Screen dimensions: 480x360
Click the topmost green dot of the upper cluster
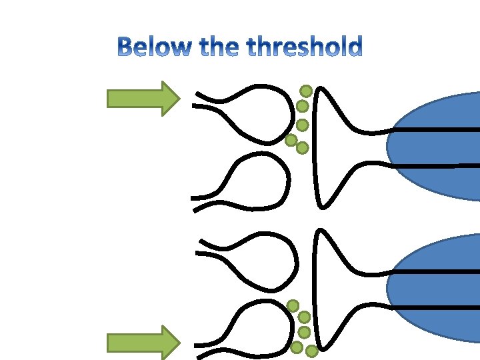tap(306, 91)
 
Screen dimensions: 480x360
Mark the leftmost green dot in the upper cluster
tap(291, 140)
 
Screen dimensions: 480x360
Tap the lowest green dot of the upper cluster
tap(302, 147)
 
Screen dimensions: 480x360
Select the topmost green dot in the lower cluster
tap(293, 305)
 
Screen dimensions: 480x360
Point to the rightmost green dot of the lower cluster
tap(311, 350)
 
